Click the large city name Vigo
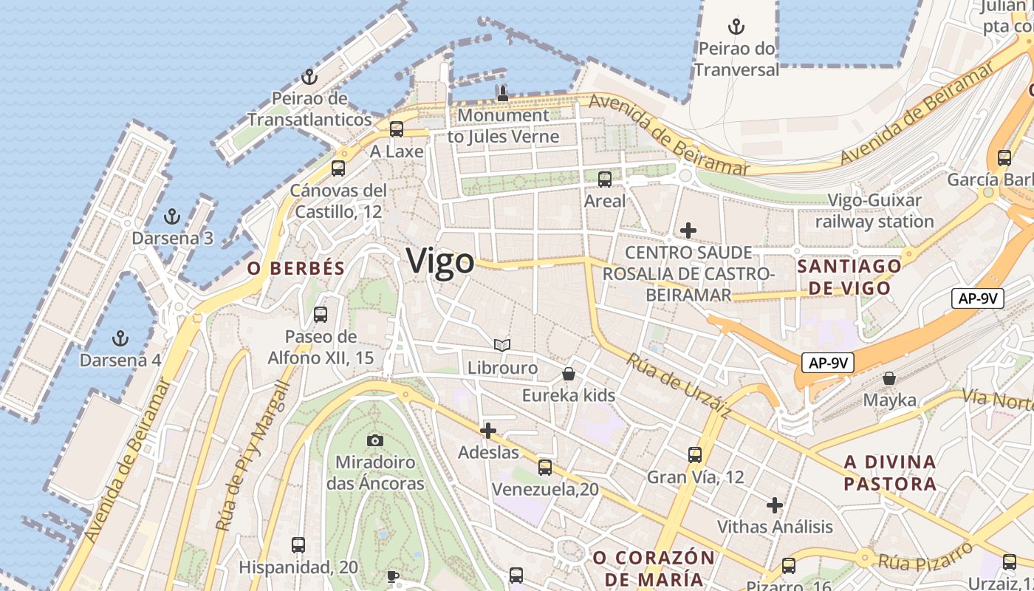pos(440,262)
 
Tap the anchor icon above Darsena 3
pos(171,217)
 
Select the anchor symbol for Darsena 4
pos(120,339)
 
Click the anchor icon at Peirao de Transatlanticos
pos(309,77)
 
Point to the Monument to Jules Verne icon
pos(503,93)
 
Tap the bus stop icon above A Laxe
pos(397,129)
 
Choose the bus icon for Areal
pos(605,179)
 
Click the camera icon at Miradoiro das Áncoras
pos(375,441)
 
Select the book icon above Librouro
pos(502,345)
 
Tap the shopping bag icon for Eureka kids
pos(569,374)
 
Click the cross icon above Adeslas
pos(488,431)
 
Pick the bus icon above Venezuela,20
pos(545,468)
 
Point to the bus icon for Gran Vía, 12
pos(695,455)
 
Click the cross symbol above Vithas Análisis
pos(775,505)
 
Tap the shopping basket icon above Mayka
pos(890,378)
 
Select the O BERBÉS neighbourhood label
pos(296,268)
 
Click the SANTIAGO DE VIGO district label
pos(850,277)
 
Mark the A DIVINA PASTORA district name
pos(890,474)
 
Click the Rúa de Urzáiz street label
pos(679,386)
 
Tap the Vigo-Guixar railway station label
pos(874,211)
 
